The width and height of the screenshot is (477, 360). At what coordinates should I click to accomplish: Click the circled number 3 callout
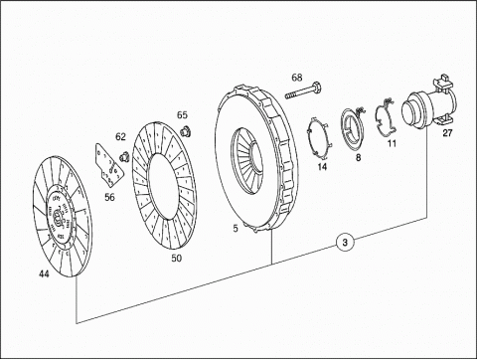345,243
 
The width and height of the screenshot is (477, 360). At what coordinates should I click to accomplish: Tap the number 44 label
44,274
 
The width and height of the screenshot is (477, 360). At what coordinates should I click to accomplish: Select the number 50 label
176,258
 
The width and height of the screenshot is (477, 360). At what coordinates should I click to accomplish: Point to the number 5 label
236,229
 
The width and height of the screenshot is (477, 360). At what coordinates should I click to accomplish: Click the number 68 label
297,78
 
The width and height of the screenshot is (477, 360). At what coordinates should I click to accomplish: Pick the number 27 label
447,133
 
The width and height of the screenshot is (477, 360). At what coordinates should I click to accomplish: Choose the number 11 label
392,143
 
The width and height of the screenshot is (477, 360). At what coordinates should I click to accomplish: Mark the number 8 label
358,158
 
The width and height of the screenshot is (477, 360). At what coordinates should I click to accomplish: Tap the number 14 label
322,166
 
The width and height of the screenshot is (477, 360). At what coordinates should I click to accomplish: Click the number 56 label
109,197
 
